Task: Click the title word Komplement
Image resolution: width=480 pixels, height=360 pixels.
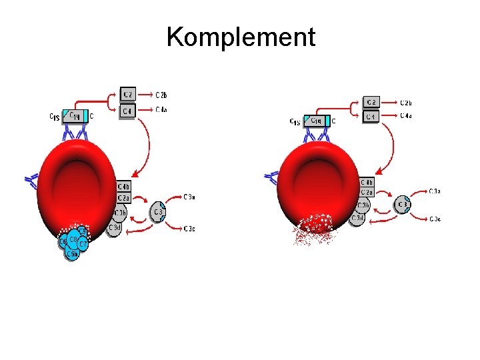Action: (241, 37)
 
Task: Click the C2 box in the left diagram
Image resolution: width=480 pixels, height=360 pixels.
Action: (127, 94)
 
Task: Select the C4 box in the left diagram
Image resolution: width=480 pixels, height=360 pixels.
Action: (127, 110)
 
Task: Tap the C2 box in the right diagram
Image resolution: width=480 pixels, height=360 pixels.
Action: (372, 102)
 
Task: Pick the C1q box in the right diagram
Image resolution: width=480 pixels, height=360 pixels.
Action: (317, 121)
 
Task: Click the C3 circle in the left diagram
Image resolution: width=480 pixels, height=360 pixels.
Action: (158, 213)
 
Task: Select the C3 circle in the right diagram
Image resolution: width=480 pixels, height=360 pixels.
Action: (403, 204)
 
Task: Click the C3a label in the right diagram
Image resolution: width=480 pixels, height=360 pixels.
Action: (435, 191)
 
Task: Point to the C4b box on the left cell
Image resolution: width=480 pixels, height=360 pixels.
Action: (124, 187)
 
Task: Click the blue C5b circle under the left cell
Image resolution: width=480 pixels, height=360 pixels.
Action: (72, 253)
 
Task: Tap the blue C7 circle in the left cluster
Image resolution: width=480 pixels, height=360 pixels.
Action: (83, 245)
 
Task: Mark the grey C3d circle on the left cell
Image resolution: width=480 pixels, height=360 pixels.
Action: (115, 229)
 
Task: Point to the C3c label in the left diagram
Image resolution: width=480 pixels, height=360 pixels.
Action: (189, 229)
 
